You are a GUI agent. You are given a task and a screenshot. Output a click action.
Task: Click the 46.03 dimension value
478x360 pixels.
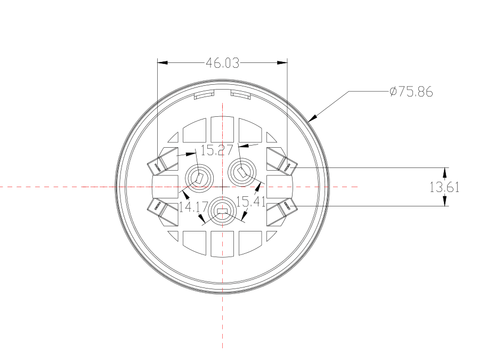pyautogui.click(x=222, y=63)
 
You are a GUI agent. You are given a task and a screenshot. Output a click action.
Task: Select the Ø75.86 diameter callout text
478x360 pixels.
pyautogui.click(x=411, y=92)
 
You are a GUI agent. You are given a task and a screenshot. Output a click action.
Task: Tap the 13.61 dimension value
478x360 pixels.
pyautogui.click(x=444, y=187)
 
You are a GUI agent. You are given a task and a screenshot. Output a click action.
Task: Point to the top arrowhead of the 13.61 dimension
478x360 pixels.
pyautogui.click(x=444, y=172)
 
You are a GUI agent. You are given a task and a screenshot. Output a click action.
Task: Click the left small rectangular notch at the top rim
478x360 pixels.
pyautogui.click(x=202, y=95)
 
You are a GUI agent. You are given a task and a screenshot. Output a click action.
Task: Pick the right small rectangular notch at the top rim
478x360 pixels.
pyautogui.click(x=241, y=95)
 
